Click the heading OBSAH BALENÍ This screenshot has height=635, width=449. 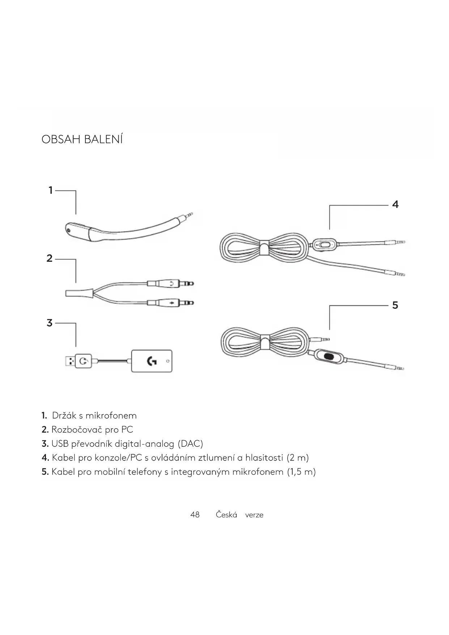click(x=82, y=139)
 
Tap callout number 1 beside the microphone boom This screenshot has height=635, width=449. click(x=51, y=190)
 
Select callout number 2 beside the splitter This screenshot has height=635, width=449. click(x=50, y=258)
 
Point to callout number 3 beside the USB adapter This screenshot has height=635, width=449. click(x=50, y=323)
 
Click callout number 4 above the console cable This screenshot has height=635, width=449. click(x=395, y=205)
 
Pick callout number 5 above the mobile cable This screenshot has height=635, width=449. click(x=395, y=305)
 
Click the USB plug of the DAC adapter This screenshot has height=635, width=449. click(x=70, y=361)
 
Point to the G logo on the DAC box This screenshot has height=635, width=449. click(x=152, y=361)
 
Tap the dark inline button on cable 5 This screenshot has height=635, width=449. click(x=329, y=356)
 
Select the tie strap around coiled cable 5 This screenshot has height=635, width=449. click(x=266, y=342)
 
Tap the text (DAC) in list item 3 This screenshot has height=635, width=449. click(x=190, y=444)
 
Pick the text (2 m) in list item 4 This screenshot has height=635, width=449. click(x=297, y=458)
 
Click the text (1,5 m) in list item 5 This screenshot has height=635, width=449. click(x=301, y=472)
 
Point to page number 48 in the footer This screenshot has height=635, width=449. click(x=195, y=515)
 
